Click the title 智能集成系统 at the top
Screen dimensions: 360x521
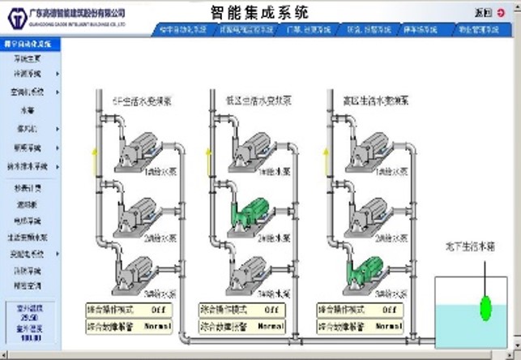point(259,13)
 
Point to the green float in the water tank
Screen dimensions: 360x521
point(485,306)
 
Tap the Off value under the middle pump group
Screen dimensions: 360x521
point(271,309)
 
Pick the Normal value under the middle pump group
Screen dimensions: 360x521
point(271,326)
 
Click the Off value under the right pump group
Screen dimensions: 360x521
point(387,309)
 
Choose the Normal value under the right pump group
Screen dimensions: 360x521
point(387,326)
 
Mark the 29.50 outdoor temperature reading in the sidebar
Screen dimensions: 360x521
point(28,317)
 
